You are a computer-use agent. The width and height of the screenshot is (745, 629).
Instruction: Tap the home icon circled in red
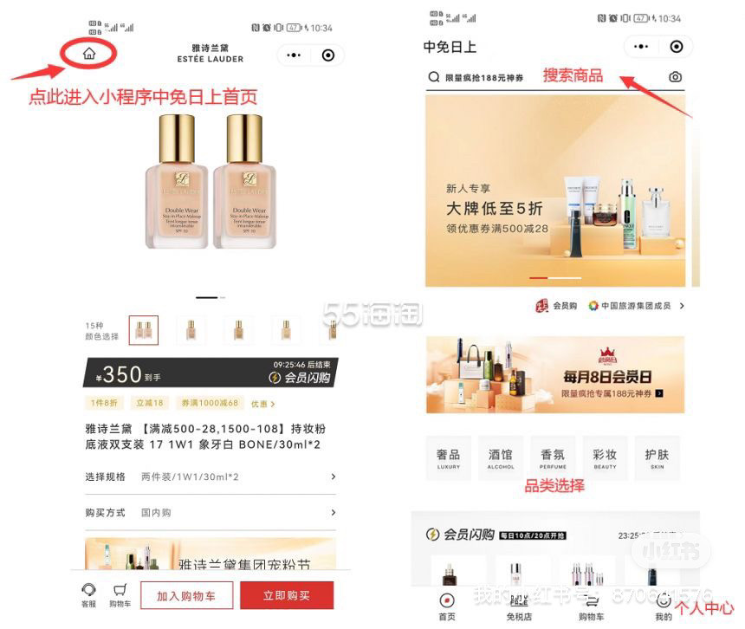pos(89,54)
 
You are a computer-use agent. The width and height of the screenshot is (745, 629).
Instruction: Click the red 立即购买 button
pos(287,595)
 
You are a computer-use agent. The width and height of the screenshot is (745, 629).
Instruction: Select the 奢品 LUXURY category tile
pos(449,458)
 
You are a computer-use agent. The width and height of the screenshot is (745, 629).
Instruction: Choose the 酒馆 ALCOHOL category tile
pos(501,458)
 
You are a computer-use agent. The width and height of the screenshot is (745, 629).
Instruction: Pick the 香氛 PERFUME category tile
pos(553,458)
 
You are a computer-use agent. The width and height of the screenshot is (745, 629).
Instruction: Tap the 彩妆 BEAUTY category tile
pos(605,458)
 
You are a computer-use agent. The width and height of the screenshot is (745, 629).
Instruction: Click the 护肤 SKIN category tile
pos(658,458)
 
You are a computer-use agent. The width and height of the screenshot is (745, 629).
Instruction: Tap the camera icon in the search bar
pos(676,77)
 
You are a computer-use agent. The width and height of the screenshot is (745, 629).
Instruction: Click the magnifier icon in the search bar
pos(434,77)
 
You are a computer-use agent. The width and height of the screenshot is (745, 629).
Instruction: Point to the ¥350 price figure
pos(121,374)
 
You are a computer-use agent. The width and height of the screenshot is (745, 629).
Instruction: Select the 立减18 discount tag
pos(150,403)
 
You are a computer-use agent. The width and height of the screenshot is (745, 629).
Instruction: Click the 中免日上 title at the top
pos(450,47)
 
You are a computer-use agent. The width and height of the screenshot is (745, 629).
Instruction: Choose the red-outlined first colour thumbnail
pos(144,330)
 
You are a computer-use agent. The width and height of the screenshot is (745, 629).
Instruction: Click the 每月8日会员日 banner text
pos(606,377)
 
